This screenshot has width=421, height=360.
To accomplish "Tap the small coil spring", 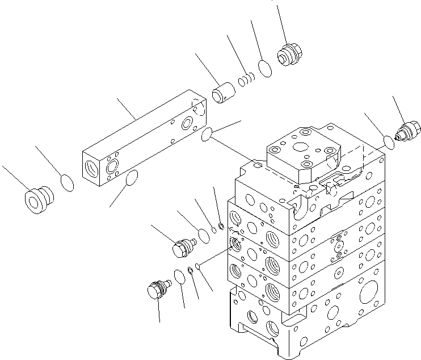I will [x=245, y=81].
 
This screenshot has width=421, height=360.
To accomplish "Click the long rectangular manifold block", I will [x=142, y=139].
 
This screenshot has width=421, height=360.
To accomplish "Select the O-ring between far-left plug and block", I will [x=68, y=183].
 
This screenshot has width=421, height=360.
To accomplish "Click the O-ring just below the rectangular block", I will [x=132, y=178].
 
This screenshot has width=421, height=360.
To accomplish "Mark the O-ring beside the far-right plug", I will [x=389, y=141].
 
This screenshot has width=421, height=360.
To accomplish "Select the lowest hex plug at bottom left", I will [x=157, y=288].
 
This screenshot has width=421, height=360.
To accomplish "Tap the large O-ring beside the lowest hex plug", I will [x=179, y=276].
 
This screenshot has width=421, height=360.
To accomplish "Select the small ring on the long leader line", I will [x=196, y=266].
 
